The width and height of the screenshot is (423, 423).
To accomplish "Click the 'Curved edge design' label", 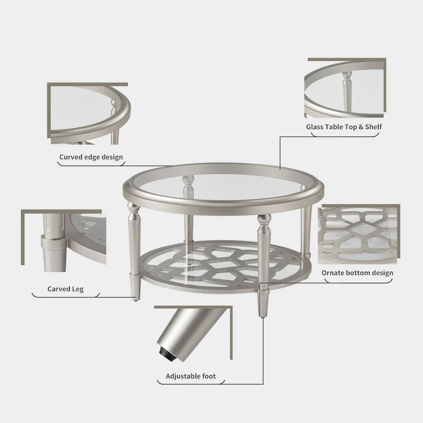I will (91, 157).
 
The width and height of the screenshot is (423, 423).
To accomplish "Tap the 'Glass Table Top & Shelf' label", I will (344, 127).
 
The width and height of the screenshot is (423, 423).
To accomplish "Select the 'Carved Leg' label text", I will (66, 289).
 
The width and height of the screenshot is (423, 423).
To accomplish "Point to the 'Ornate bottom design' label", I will (357, 273).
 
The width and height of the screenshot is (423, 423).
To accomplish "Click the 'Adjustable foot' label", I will (191, 376).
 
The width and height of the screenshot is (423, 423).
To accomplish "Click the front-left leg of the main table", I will (132, 243).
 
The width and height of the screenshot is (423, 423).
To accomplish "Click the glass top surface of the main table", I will (227, 182).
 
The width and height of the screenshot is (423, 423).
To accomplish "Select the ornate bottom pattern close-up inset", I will (358, 233).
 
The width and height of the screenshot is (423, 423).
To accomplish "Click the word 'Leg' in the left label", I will (77, 289).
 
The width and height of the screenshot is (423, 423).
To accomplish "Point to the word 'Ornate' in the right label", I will (333, 273).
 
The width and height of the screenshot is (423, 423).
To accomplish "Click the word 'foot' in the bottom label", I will (208, 376).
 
